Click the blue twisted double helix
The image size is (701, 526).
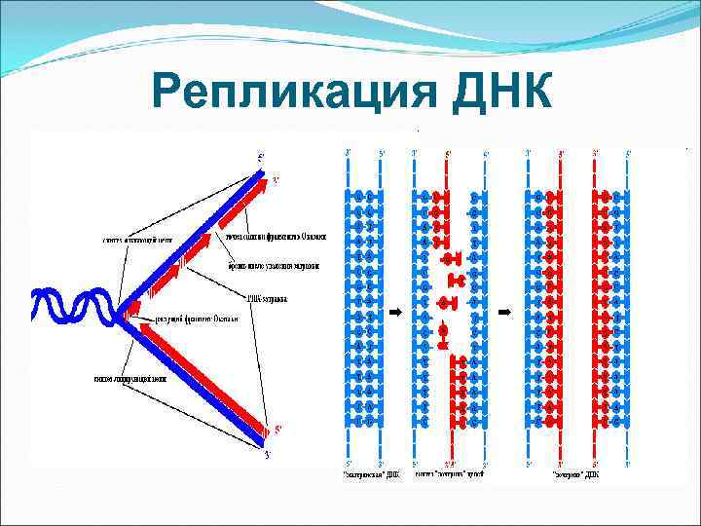(73, 306)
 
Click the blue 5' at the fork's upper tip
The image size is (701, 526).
(260, 157)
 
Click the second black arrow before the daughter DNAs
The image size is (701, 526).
(504, 313)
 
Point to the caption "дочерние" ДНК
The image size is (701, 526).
(574, 474)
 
